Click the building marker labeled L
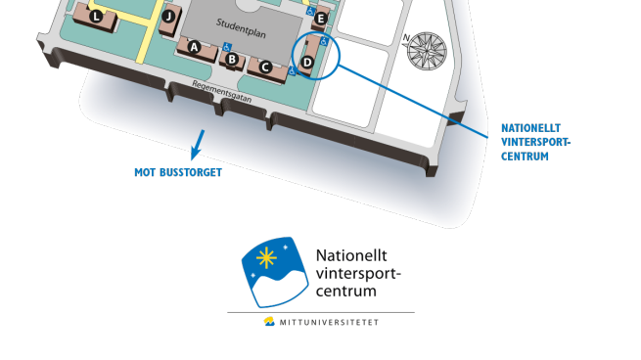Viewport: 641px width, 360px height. click(96, 17)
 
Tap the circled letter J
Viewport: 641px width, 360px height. click(168, 17)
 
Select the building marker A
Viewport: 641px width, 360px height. click(194, 47)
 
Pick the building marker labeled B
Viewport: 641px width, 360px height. click(232, 60)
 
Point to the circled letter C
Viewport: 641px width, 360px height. click(266, 67)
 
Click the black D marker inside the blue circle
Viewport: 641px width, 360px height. click(307, 62)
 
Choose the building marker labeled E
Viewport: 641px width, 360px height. click(321, 19)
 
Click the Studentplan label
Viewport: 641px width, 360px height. click(241, 28)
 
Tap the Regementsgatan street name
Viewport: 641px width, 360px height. click(221, 92)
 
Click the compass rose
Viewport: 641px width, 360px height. click(428, 51)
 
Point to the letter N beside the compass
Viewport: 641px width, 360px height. click(406, 37)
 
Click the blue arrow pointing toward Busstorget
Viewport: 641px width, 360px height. click(198, 145)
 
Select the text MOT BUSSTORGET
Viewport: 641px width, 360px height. click(178, 172)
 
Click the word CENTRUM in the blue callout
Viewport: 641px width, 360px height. click(525, 157)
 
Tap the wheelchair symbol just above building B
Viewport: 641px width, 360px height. click(227, 47)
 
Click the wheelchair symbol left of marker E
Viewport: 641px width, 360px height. click(310, 12)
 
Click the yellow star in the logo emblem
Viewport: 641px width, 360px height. click(266, 258)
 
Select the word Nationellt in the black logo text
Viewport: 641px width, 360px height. click(351, 255)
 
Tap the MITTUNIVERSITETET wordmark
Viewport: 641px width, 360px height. click(329, 323)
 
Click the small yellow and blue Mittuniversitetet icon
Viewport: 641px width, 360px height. click(269, 322)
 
